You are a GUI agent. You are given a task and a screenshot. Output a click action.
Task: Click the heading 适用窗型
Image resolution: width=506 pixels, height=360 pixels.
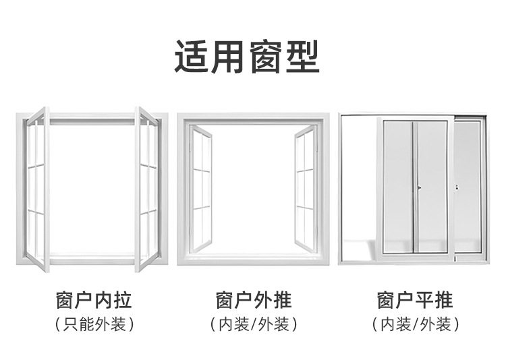coord(247,56)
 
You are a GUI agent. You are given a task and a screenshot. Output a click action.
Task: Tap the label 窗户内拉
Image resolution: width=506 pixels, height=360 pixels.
coord(93,299)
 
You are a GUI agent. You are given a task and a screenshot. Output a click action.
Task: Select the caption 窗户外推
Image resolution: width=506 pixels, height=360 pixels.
coord(254,299)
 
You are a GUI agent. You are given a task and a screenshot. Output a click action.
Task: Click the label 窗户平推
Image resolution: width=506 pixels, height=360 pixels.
coord(415,299)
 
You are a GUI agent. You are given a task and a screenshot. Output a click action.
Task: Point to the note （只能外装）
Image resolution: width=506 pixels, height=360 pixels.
coord(93,324)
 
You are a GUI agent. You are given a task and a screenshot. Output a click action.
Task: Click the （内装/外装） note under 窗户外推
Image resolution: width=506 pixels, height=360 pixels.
coord(254,324)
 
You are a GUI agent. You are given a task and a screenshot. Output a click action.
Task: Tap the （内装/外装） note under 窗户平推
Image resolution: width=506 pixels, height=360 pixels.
coord(415,324)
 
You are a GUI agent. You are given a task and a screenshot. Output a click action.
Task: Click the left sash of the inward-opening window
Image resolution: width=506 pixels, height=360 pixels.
coord(38,189)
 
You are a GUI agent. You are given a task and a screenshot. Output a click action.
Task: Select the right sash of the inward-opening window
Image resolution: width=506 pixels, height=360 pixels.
coord(147,189)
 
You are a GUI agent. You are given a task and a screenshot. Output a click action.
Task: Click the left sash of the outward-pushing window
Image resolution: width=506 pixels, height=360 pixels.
coord(201,189)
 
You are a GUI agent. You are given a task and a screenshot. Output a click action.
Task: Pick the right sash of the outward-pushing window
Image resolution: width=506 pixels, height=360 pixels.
coord(305,189)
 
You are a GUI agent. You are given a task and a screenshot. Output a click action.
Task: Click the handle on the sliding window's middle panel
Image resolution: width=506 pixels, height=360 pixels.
coord(418,187)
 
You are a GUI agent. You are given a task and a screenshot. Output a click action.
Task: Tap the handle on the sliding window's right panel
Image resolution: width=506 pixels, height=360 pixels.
coord(457,187)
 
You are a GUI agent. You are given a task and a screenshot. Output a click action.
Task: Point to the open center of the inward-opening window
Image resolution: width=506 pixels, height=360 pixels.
coord(93,189)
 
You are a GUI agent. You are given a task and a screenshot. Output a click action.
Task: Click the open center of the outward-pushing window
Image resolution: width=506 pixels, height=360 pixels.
coord(253,189)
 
